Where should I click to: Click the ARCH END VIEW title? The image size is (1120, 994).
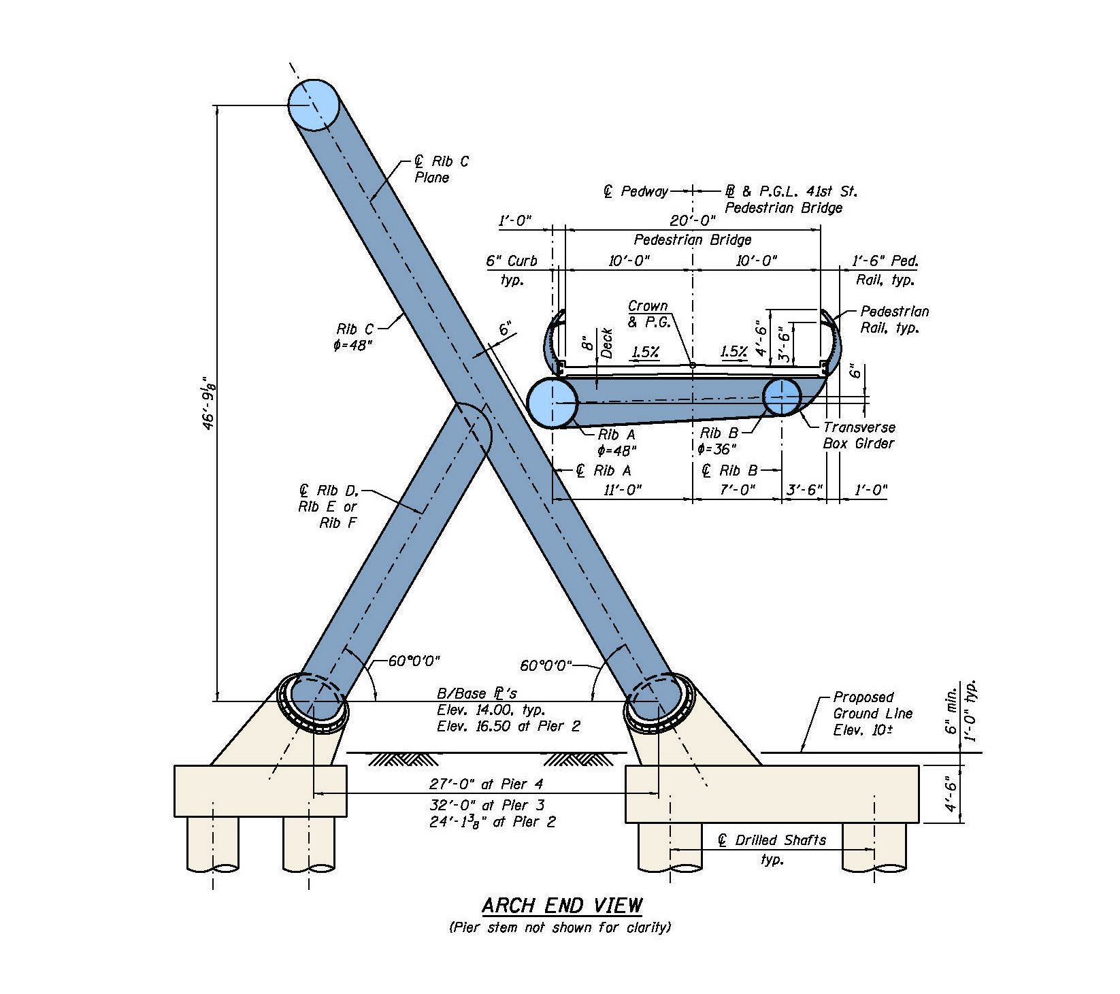561,906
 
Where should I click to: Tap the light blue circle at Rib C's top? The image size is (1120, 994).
314,104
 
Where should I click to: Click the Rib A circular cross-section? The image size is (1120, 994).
553,403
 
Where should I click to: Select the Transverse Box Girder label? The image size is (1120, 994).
859,435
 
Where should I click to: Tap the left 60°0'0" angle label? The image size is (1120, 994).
414,661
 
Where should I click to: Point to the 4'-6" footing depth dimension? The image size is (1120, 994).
951,794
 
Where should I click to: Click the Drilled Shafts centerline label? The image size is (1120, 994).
772,840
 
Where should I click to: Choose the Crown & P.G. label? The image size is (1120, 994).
648,314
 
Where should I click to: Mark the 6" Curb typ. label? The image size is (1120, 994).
511,269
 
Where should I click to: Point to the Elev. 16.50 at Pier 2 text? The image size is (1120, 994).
508,726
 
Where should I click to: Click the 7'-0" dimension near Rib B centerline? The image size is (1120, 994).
738,490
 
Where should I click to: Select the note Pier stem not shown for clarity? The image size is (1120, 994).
559,927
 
